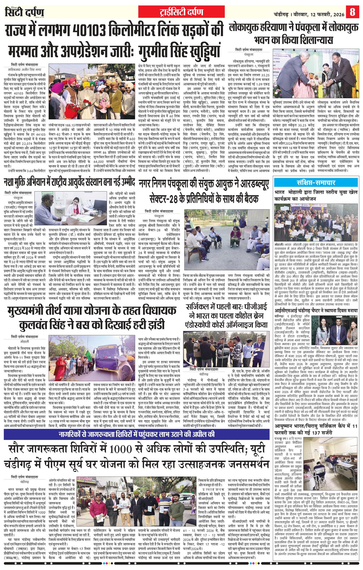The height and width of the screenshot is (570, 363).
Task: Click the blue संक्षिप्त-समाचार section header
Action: pyautogui.click(x=316, y=183)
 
